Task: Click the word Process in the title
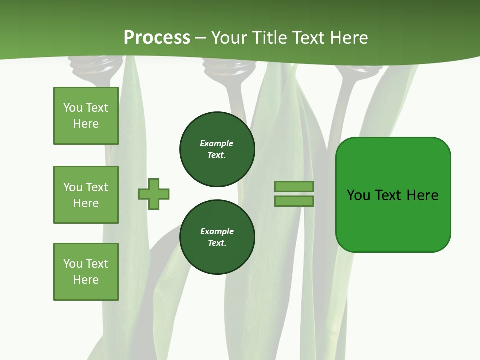157,38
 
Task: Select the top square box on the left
86,116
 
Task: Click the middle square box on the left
86,195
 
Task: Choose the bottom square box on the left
86,272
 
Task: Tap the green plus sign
154,194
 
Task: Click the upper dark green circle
217,149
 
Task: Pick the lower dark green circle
217,237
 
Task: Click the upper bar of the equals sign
294,186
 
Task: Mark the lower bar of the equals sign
294,201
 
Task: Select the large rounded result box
393,195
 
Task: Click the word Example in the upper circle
217,143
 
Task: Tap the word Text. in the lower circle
217,243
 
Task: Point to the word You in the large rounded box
358,195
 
